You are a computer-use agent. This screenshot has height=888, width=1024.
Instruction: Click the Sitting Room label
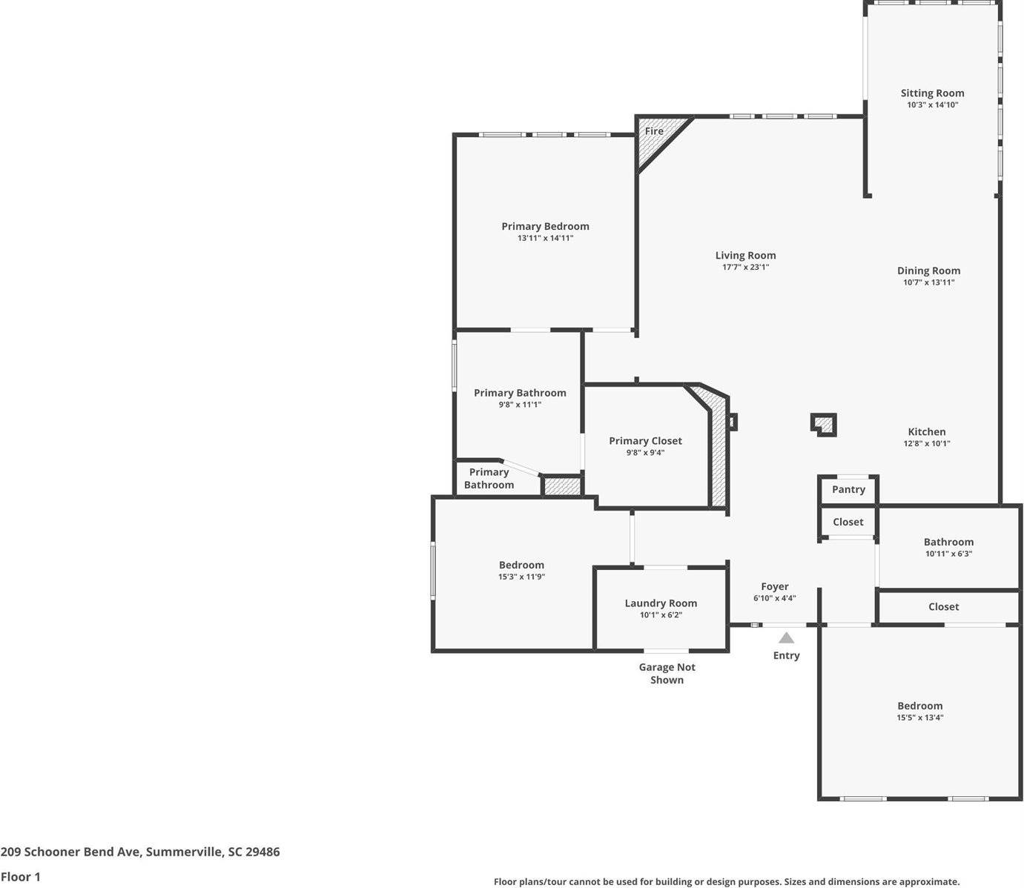932,93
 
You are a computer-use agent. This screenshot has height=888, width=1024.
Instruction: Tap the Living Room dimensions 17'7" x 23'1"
745,267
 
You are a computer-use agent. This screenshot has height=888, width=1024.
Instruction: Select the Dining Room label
928,271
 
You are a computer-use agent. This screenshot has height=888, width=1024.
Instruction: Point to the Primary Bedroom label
545,226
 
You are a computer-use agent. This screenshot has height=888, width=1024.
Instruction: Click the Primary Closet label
645,440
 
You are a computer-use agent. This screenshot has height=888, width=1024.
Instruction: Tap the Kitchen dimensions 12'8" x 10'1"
926,443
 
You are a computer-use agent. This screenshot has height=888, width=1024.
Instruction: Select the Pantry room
848,489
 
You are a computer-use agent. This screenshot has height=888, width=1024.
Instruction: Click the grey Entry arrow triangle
786,638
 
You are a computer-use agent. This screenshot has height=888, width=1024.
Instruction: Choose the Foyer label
774,586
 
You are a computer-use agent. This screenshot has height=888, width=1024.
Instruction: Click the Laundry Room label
661,603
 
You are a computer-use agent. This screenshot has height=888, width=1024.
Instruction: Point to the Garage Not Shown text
667,673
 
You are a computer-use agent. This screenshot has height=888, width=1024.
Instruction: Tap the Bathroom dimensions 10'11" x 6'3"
948,554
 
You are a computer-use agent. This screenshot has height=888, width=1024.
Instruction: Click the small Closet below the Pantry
848,522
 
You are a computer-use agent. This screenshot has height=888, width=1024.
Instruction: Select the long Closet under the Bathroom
943,606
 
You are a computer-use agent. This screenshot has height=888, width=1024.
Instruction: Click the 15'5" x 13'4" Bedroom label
919,706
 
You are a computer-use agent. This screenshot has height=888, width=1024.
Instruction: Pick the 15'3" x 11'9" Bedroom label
521,565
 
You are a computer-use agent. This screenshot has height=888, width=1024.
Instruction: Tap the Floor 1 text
20,876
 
